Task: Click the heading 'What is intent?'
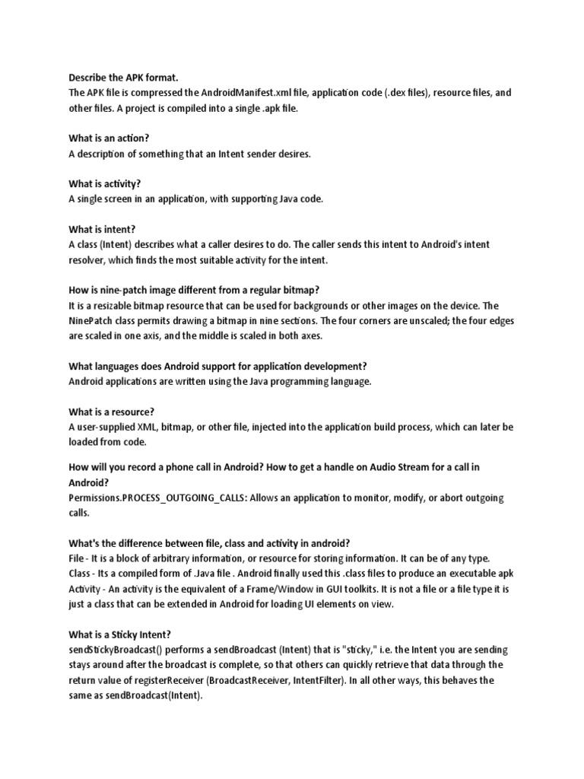102,230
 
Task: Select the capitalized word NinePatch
93,321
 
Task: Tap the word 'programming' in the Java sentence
308,382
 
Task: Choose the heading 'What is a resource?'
111,412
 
